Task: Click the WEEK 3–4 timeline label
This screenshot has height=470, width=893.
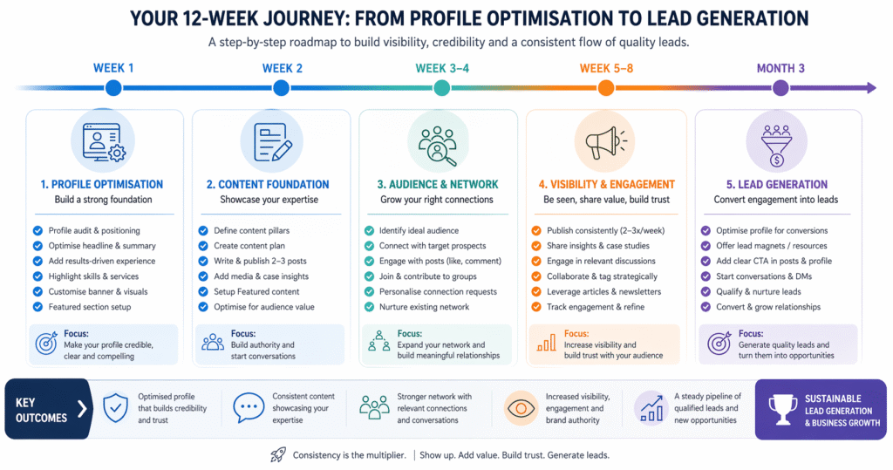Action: point(442,68)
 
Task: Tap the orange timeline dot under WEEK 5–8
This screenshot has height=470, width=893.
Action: point(606,88)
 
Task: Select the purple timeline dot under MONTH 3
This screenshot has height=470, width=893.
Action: point(781,88)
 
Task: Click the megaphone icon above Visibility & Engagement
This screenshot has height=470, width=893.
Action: point(606,142)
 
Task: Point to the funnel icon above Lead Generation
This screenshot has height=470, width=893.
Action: point(777,146)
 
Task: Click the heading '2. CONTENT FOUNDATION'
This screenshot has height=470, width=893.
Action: point(268,185)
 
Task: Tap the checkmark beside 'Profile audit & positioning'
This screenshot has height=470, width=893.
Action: point(37,231)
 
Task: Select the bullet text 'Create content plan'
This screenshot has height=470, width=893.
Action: point(249,246)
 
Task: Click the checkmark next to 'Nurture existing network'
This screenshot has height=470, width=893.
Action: point(369,307)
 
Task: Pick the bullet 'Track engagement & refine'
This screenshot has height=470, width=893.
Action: point(596,307)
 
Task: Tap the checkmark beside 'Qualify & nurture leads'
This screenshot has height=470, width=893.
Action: point(706,292)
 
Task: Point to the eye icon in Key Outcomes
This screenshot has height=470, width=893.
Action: point(520,408)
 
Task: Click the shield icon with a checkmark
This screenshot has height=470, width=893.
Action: point(116,408)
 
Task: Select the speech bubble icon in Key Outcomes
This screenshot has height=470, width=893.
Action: point(249,408)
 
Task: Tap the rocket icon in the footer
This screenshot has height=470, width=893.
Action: point(278,454)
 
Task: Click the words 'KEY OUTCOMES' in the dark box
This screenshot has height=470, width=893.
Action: point(41,410)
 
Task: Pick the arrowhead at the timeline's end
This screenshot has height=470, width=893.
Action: point(871,88)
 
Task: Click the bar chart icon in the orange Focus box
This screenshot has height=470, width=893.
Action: point(546,343)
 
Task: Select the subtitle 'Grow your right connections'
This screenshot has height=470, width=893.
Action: point(437,200)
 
